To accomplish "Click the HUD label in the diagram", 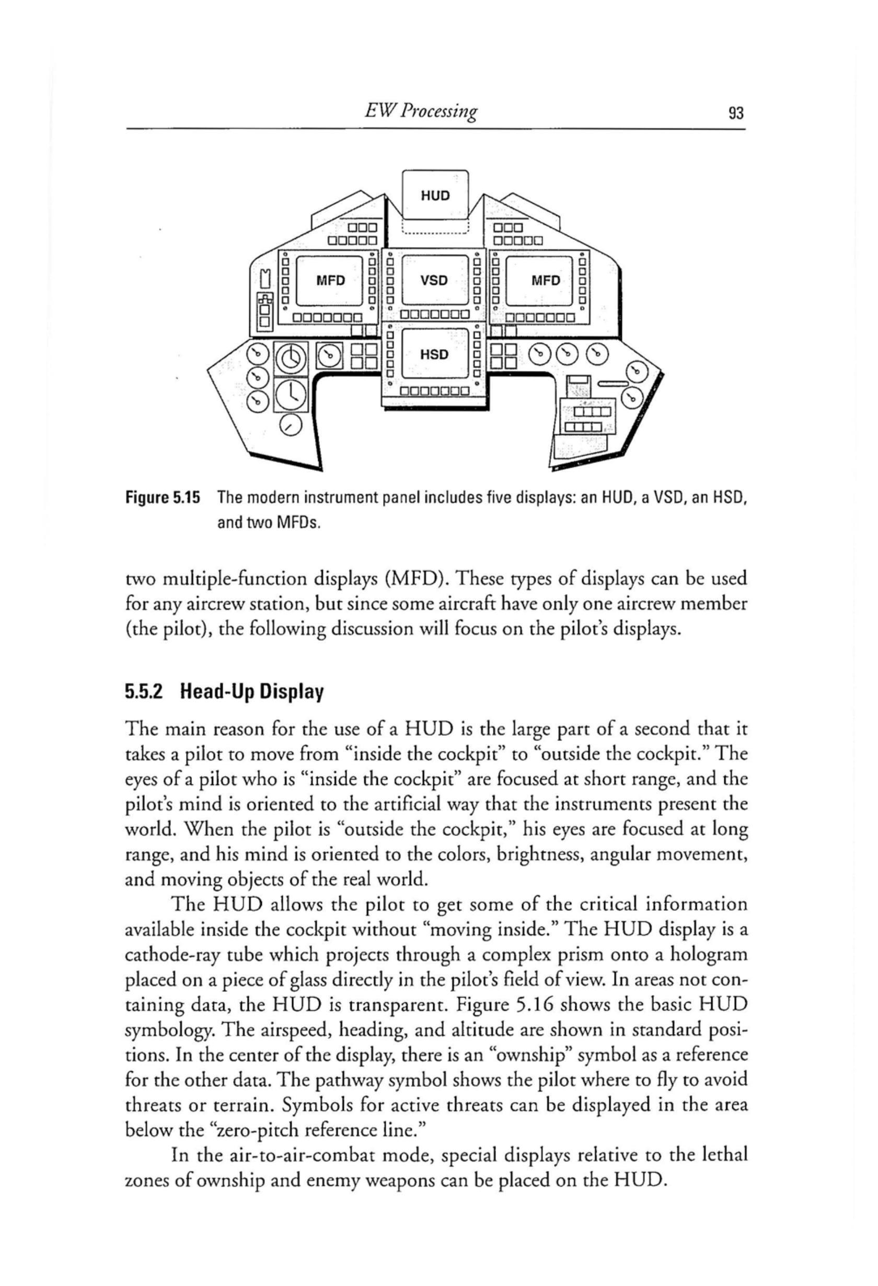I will (435, 196).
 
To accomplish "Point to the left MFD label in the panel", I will (330, 281).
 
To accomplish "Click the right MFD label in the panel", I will (546, 281).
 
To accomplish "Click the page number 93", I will (736, 114).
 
